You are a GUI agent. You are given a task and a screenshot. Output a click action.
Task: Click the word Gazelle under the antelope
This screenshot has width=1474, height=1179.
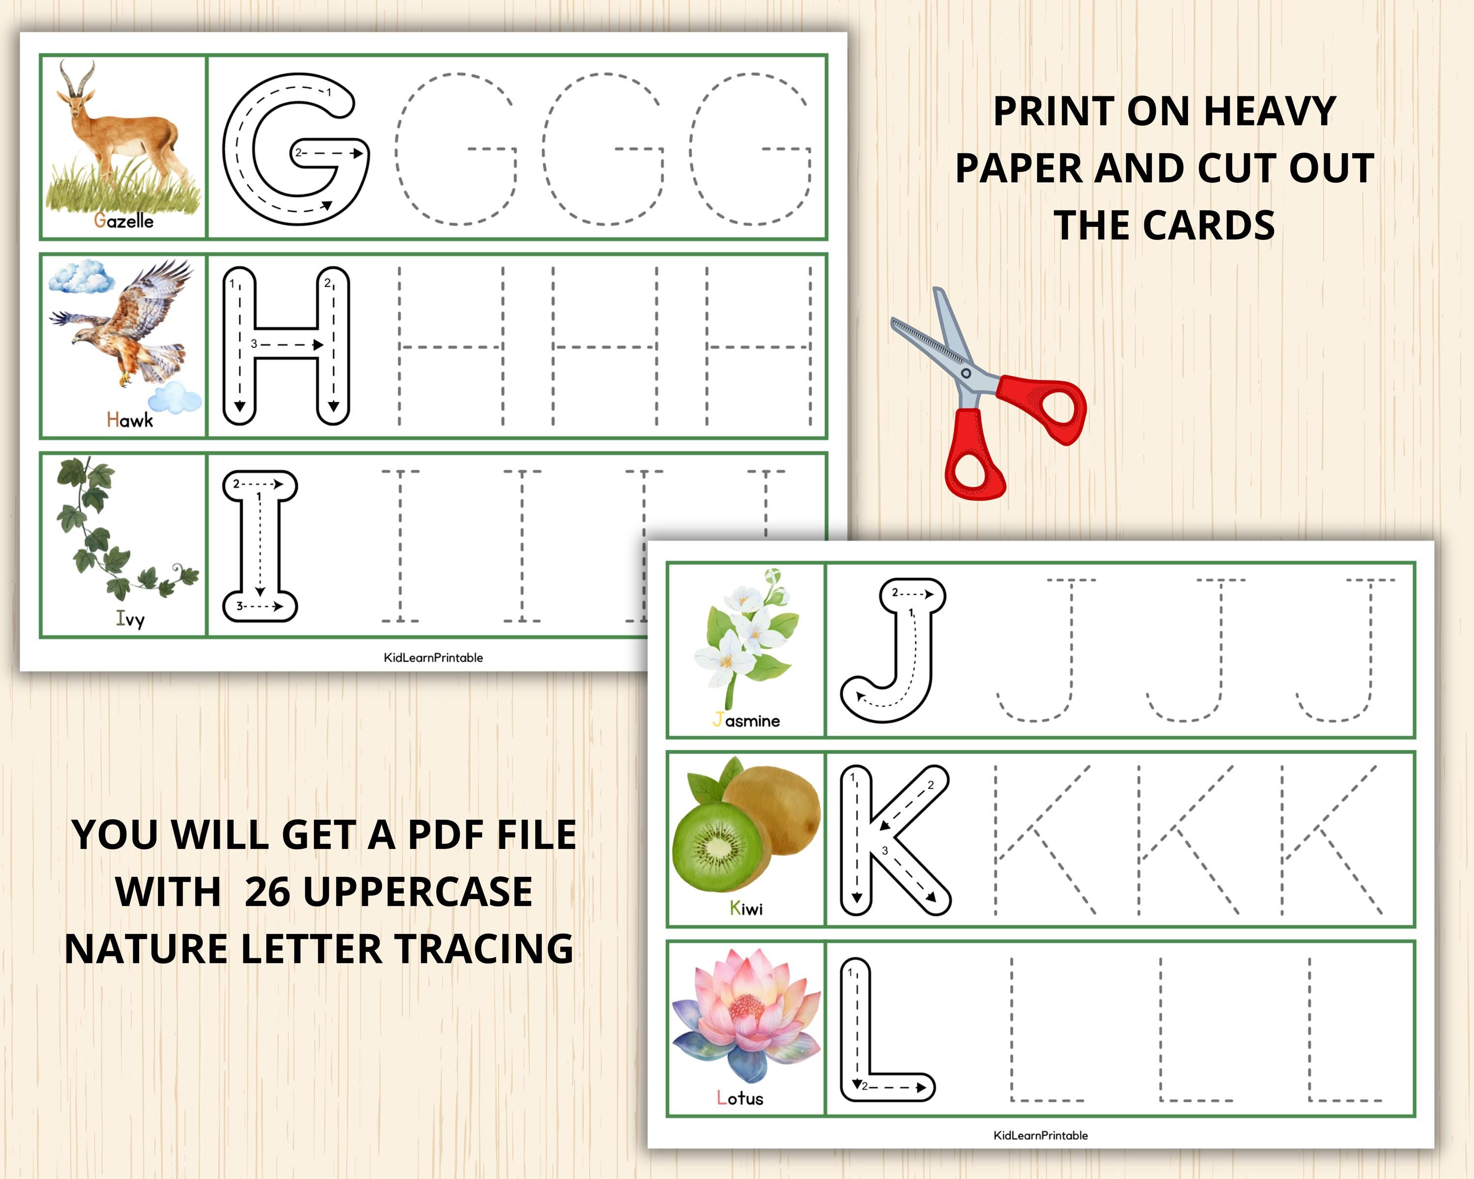point(124,220)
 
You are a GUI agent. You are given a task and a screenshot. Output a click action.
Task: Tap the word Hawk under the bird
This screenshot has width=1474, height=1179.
point(130,420)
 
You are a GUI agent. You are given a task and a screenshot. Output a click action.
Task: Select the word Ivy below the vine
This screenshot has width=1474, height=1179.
point(130,619)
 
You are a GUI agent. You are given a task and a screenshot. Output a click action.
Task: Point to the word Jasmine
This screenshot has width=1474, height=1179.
point(746,720)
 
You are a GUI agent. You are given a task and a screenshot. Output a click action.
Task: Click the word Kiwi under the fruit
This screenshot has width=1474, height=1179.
point(746,908)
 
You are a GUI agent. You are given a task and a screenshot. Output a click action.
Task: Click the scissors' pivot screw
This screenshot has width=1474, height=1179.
point(966,373)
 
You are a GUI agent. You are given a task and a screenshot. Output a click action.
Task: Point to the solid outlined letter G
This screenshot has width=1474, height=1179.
point(295,148)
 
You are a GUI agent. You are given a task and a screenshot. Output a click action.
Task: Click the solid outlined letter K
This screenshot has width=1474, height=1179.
point(892,840)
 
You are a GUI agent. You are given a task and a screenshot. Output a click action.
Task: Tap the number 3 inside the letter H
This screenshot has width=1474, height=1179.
point(254,344)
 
